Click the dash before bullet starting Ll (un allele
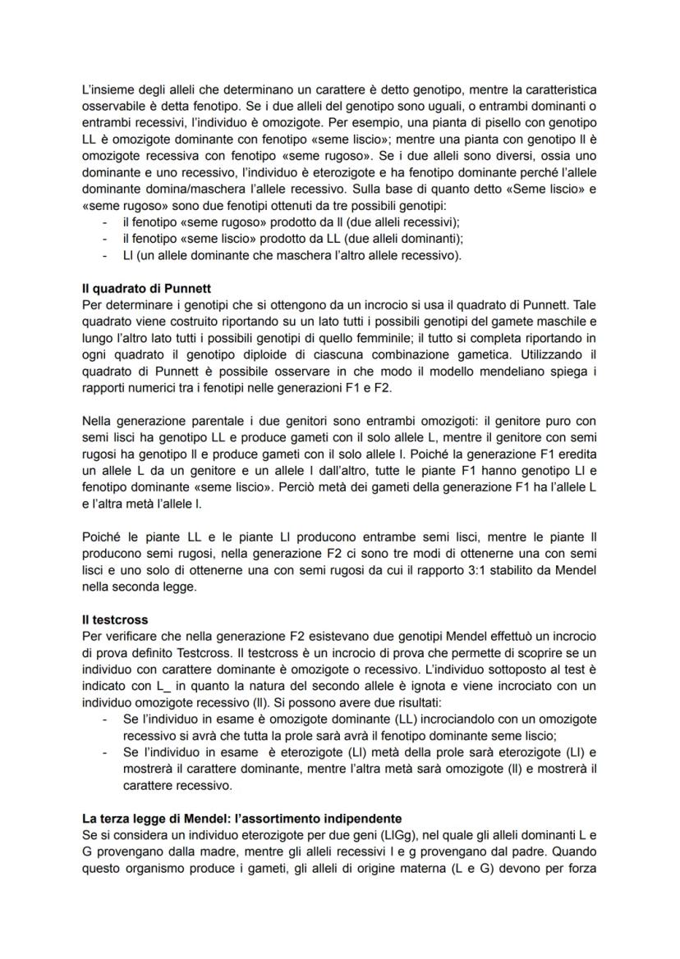104,255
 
